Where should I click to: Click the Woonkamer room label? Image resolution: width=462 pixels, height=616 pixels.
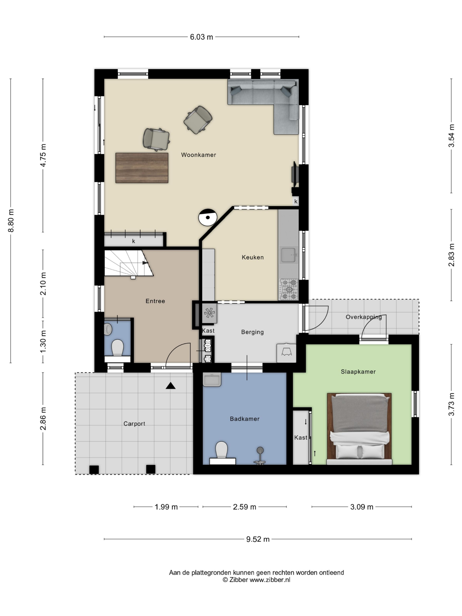(198, 155)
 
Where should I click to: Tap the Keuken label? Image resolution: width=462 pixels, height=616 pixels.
(253, 257)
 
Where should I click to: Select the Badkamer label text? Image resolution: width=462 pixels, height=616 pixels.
(244, 419)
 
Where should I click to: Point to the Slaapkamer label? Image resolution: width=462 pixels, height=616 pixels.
(358, 372)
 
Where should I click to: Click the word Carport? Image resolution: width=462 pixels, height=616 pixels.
(134, 424)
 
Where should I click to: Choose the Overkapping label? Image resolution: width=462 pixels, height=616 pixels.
(363, 317)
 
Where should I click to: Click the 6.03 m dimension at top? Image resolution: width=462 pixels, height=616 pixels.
(201, 37)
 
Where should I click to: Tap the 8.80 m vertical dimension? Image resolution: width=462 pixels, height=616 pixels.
(11, 221)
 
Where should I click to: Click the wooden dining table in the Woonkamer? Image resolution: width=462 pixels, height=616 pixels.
(142, 168)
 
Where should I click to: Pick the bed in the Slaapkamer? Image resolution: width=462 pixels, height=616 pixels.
(359, 429)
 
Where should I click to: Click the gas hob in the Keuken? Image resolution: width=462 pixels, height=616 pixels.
(289, 290)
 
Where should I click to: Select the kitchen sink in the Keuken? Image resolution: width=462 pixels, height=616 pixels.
(288, 255)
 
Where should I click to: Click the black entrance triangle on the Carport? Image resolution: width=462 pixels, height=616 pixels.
(170, 386)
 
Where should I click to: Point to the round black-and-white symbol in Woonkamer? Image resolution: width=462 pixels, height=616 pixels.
(208, 218)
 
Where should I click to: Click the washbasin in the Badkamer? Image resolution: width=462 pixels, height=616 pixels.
(212, 379)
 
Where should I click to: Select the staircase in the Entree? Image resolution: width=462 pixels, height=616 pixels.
(129, 263)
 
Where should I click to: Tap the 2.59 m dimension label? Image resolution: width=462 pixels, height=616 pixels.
(244, 507)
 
